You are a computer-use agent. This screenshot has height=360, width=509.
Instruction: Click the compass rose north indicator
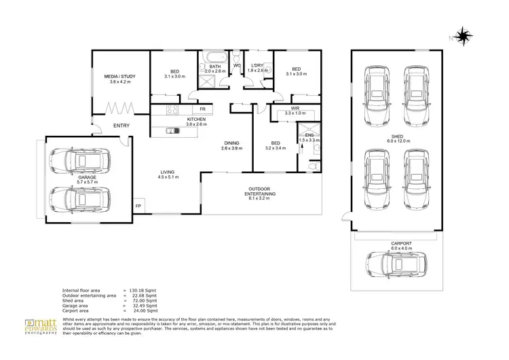(464, 35)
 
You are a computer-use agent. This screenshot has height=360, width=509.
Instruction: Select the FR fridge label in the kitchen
(202, 109)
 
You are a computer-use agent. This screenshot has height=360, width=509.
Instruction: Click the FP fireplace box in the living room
(138, 206)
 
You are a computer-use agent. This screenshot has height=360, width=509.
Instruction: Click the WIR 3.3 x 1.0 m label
(295, 109)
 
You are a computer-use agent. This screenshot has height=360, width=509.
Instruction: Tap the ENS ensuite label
(309, 138)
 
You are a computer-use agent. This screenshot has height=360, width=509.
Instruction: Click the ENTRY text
(121, 125)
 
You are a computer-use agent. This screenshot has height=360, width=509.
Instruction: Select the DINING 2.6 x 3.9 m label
(232, 145)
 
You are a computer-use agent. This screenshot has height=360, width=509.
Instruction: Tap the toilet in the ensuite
(312, 166)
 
